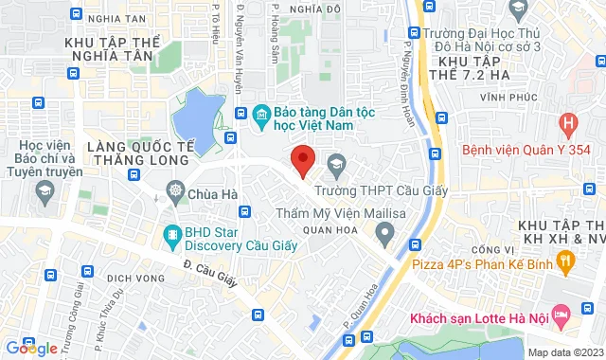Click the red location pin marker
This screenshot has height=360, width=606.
[x=302, y=160]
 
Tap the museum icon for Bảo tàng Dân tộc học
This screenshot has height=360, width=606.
[x=261, y=116]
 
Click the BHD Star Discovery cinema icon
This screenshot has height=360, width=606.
[x=171, y=234]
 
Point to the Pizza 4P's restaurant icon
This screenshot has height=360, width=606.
[x=566, y=259]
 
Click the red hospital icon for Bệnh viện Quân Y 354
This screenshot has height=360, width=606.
[x=567, y=122]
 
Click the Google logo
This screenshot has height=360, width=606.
[x=30, y=348]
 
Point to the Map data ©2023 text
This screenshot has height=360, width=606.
[x=564, y=352]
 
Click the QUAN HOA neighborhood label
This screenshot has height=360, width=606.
[x=323, y=230]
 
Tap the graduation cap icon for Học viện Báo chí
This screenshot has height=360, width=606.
[x=43, y=192]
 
